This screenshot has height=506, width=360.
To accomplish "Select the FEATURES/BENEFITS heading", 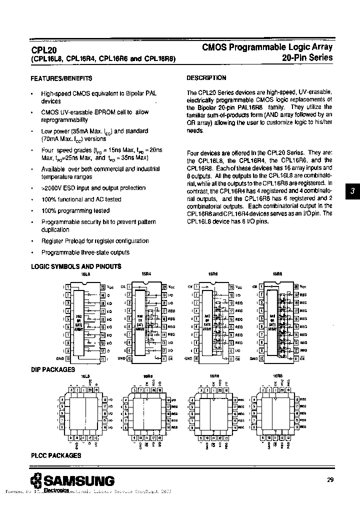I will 61,78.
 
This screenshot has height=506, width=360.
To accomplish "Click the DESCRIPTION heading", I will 206,78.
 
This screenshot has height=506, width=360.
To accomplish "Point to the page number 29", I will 330,480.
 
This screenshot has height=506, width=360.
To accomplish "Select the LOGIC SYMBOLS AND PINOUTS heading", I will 76,266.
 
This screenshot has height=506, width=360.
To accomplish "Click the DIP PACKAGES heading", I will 53,369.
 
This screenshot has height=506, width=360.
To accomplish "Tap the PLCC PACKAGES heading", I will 56,455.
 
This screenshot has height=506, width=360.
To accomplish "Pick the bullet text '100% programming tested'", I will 75,210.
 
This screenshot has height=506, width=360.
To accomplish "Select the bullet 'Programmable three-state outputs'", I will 85,252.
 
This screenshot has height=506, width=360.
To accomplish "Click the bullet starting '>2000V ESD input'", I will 93,188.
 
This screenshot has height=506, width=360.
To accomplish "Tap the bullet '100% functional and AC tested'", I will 81,199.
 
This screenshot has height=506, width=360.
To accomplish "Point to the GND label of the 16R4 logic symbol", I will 120,358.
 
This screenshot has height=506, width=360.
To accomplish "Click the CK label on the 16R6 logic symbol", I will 189,287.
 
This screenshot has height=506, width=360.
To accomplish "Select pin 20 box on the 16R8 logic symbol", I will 296,287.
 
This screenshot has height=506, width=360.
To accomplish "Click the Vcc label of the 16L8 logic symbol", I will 110,287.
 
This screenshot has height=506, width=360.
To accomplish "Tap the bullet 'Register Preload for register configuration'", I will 95,241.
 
